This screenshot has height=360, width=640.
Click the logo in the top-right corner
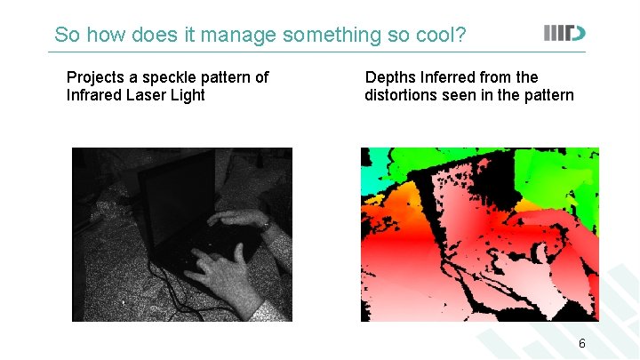[565, 34]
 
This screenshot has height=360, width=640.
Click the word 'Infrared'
[94, 95]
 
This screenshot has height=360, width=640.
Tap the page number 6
[582, 343]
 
